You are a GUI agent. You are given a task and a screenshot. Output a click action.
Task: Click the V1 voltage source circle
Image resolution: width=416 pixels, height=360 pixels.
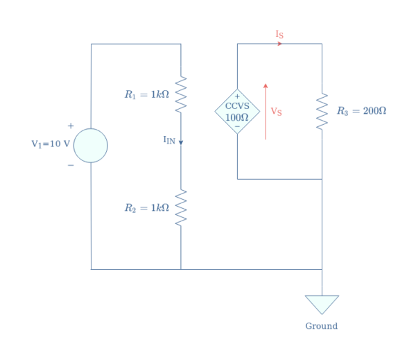(x=91, y=146)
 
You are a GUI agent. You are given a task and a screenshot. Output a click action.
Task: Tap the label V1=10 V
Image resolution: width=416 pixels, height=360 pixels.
(x=51, y=144)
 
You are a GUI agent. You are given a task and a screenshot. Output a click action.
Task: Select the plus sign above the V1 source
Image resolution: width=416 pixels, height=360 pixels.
(x=70, y=126)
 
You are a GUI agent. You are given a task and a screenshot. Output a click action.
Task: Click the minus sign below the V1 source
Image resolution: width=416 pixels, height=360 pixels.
(x=70, y=165)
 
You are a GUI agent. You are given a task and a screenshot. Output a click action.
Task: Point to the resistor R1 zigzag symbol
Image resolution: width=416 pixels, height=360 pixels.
(x=181, y=94)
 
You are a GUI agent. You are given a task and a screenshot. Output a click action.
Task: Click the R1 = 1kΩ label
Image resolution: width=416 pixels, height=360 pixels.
(x=146, y=94)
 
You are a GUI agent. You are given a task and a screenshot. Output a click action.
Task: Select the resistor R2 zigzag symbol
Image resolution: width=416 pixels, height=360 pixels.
(x=181, y=207)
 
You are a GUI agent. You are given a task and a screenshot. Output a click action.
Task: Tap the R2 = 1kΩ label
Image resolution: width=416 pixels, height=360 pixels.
(x=146, y=207)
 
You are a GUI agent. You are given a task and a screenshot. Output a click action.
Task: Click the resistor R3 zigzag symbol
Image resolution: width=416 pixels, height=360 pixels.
(x=322, y=111)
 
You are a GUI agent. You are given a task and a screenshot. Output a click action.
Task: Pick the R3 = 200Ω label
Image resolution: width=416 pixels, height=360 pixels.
(x=361, y=111)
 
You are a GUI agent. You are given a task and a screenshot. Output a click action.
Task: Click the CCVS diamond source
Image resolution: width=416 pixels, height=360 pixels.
(x=237, y=111)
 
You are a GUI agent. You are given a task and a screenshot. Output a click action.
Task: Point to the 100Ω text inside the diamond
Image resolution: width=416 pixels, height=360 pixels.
(x=237, y=117)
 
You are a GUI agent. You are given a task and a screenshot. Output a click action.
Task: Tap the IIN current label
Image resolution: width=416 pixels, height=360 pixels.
(x=169, y=140)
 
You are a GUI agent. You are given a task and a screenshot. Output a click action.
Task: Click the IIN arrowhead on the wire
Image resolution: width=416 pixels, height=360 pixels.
(x=181, y=142)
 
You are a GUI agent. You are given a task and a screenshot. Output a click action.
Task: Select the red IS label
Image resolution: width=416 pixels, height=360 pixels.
(x=279, y=34)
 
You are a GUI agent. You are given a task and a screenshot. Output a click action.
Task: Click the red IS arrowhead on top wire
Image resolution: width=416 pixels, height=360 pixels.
(x=279, y=44)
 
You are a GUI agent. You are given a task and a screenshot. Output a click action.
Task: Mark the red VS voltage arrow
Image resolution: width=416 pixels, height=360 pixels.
(x=266, y=111)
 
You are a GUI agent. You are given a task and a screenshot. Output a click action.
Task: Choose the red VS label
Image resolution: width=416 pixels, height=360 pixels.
(x=276, y=111)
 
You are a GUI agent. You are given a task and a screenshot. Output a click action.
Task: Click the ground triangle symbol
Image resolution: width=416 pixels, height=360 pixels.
(x=322, y=304)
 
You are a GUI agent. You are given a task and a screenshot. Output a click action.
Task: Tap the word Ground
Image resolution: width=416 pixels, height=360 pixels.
(x=322, y=326)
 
